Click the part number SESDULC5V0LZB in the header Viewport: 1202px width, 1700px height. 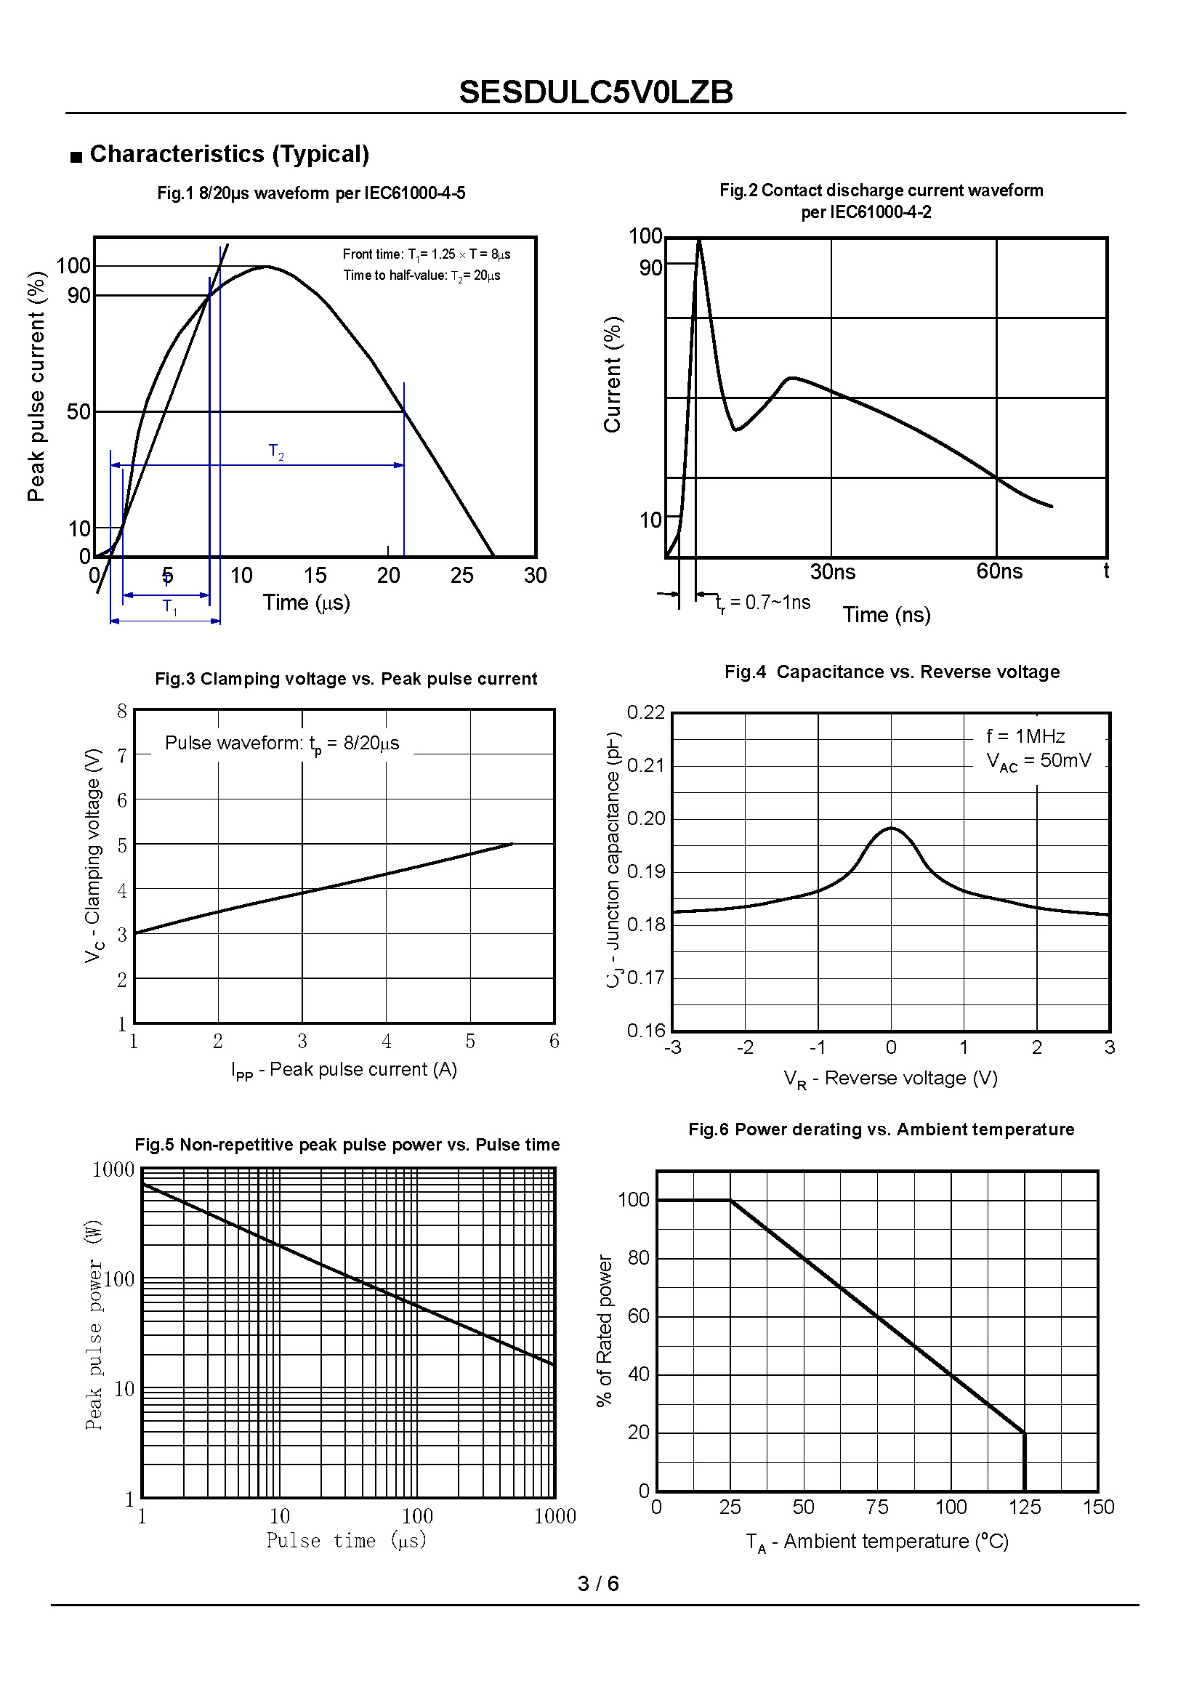pos(596,92)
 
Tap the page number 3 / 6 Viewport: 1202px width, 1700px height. pos(598,1583)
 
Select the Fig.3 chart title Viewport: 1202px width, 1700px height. pos(346,679)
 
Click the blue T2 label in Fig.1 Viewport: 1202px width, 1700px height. pos(276,451)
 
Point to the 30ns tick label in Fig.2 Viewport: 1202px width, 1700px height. pos(833,571)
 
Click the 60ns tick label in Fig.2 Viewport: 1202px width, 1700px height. pos(999,571)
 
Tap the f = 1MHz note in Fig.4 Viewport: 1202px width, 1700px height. pos(1025,736)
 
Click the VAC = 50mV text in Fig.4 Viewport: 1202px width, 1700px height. pos(1038,761)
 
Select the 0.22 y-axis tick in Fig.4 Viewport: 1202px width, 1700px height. pos(646,712)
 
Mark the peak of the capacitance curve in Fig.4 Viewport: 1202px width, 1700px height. pos(892,829)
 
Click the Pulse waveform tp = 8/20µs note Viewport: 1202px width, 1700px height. pos(282,744)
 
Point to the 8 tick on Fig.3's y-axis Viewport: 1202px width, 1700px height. pos(122,712)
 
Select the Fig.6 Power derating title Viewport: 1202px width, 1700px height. pos(881,1129)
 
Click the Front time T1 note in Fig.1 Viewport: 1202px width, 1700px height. pos(427,254)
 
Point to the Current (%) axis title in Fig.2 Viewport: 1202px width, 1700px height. pos(612,374)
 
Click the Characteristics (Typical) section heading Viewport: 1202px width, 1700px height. pos(229,154)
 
